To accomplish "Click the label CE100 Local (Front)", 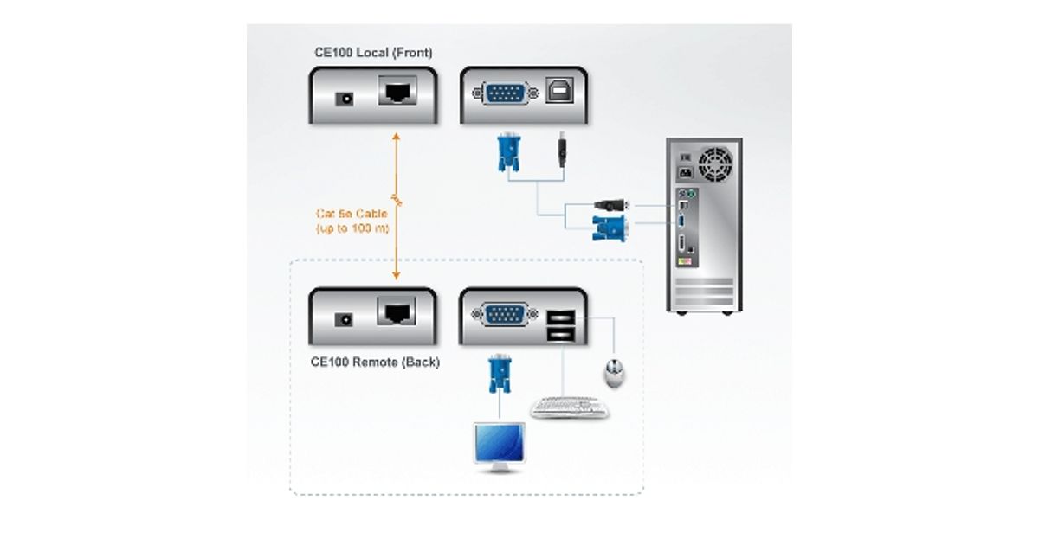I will (373, 54).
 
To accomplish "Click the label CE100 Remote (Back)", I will (375, 362).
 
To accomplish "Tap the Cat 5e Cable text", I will (351, 213).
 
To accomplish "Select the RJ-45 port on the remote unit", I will (397, 311).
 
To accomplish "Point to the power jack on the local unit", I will (346, 99).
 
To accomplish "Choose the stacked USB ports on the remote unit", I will (559, 325).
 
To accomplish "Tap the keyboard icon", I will (569, 407).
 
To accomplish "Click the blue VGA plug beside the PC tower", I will (609, 228).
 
